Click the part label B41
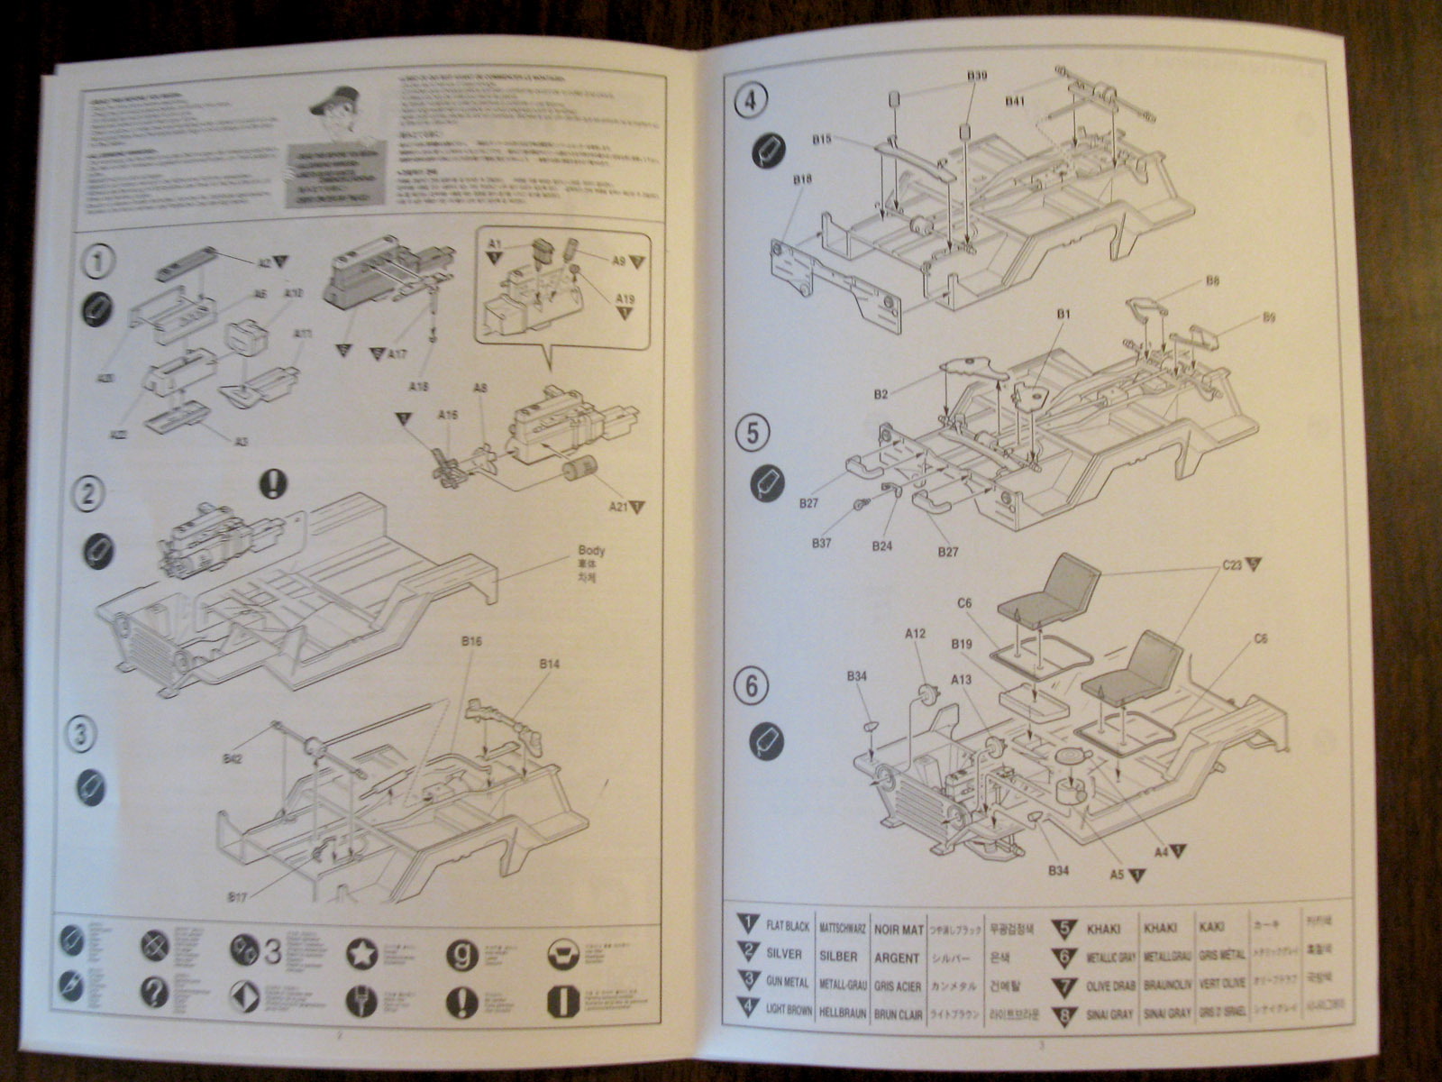point(1015,102)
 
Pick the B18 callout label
point(803,180)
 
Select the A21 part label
point(619,508)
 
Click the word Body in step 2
point(591,551)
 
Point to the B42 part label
point(232,759)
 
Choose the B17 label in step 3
point(239,896)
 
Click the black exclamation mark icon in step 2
point(272,484)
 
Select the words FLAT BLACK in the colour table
point(789,926)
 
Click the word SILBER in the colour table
point(839,956)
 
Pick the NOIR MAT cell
point(898,928)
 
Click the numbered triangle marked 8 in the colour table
point(1063,1013)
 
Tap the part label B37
point(821,543)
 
